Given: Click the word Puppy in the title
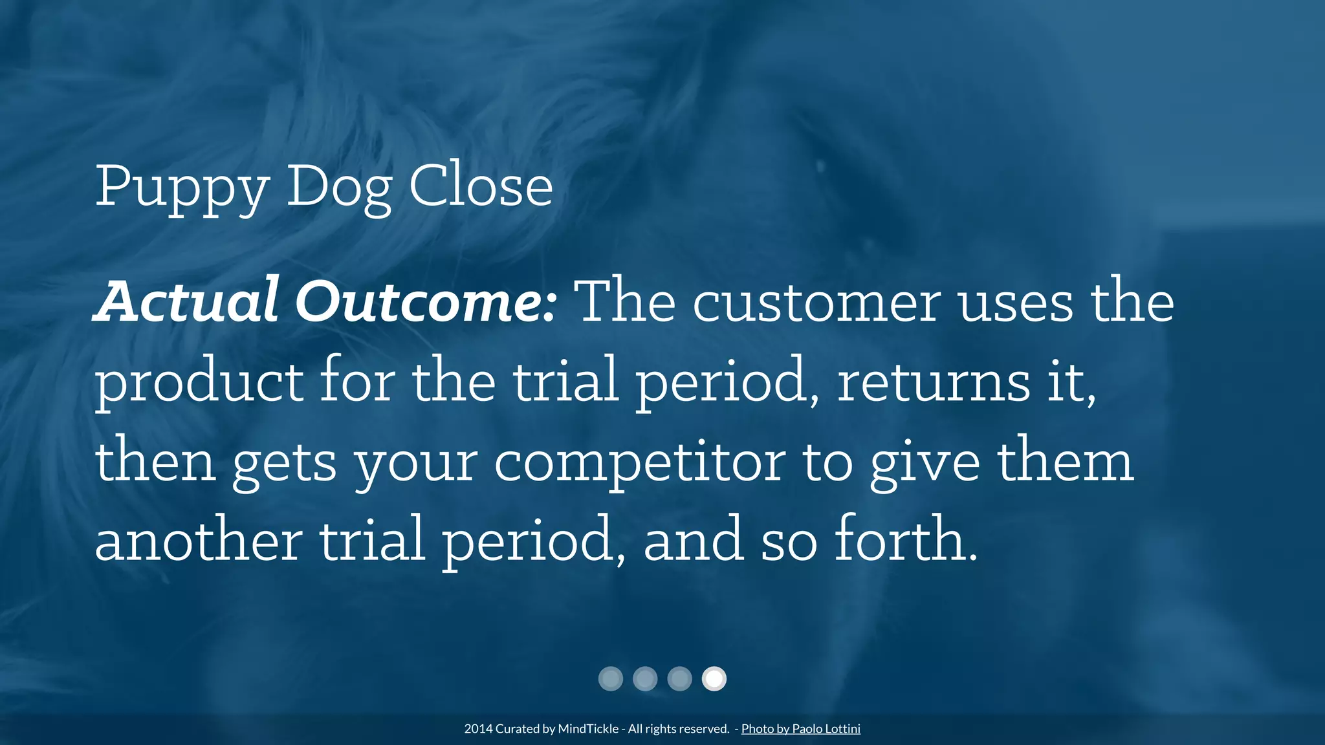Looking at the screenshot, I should [182, 188].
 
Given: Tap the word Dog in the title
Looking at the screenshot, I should [339, 188].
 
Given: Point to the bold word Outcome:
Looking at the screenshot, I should [426, 303].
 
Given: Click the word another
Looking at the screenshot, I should [198, 541].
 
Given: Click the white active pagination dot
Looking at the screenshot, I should [714, 679].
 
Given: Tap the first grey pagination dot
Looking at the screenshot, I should [611, 679].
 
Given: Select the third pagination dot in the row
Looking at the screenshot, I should [679, 679].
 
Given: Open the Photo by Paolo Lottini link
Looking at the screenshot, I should [800, 729].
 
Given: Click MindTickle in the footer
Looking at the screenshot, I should [588, 729].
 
